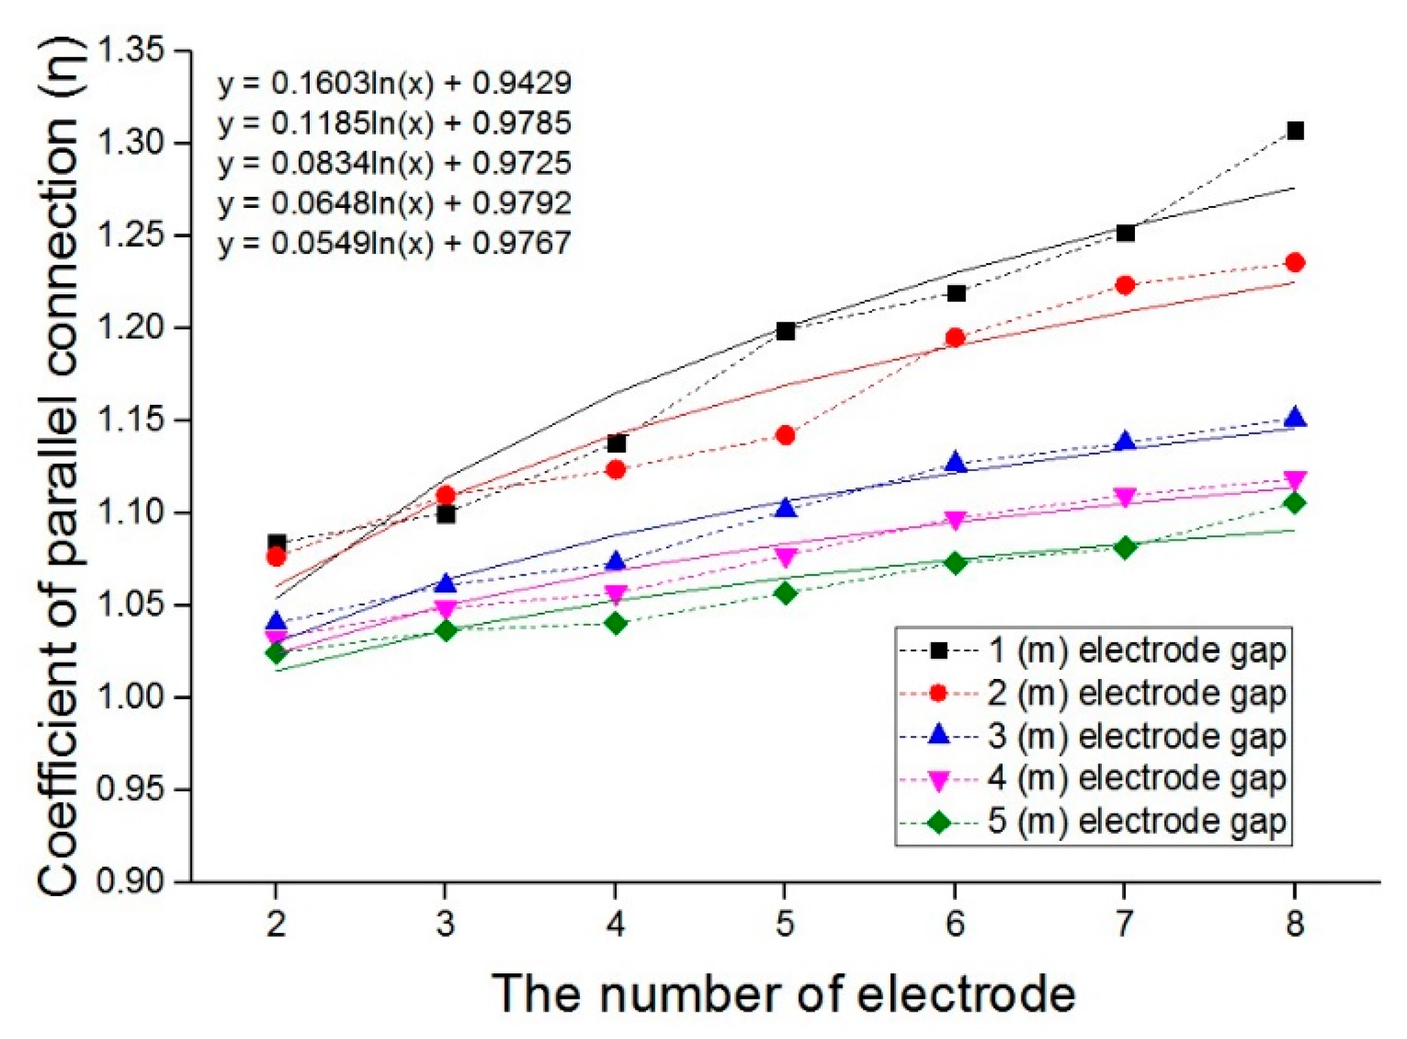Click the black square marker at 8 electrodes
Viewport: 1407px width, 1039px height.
click(x=1295, y=131)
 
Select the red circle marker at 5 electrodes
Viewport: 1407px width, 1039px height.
click(x=785, y=435)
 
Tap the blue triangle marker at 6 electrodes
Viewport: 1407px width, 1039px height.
click(x=955, y=462)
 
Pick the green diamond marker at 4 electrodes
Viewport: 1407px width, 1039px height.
click(x=616, y=624)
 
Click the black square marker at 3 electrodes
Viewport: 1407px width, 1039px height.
click(x=445, y=515)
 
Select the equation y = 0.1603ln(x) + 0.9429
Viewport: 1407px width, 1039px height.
click(x=394, y=83)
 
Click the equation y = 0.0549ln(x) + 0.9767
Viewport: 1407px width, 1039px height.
click(x=394, y=244)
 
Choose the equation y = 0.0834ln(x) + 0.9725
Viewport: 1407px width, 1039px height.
click(x=394, y=163)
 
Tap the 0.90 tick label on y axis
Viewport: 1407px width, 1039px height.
click(x=130, y=882)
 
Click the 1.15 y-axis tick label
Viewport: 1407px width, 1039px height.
click(x=130, y=420)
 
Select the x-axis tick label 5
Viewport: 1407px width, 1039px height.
click(x=785, y=923)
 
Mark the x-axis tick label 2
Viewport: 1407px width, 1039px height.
click(x=276, y=923)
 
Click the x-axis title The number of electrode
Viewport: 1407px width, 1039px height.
click(x=784, y=993)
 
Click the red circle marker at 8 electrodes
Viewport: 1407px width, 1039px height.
click(x=1295, y=263)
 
